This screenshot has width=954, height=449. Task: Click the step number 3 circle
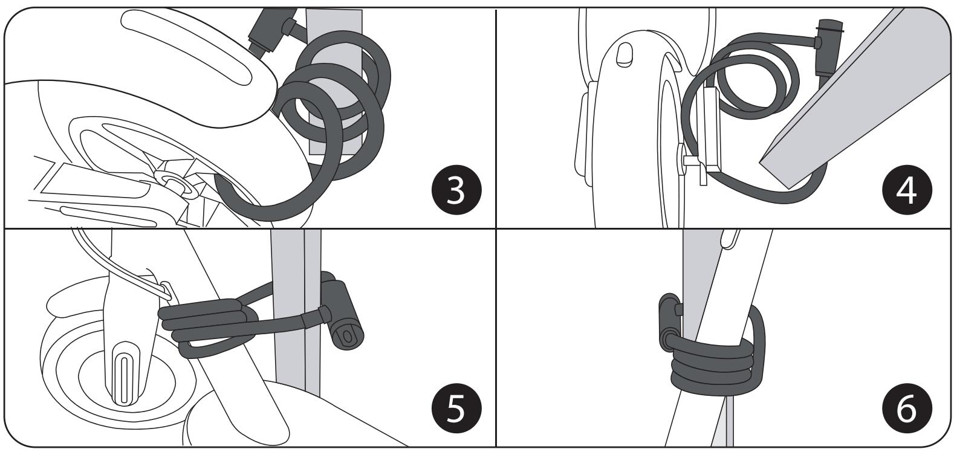point(456,190)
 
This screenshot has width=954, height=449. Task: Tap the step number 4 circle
point(906,190)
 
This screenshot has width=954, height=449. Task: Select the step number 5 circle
point(456,409)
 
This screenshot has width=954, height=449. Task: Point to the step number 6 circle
point(906,409)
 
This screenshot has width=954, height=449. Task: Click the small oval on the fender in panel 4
point(625,54)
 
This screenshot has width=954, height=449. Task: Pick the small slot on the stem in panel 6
point(730,240)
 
